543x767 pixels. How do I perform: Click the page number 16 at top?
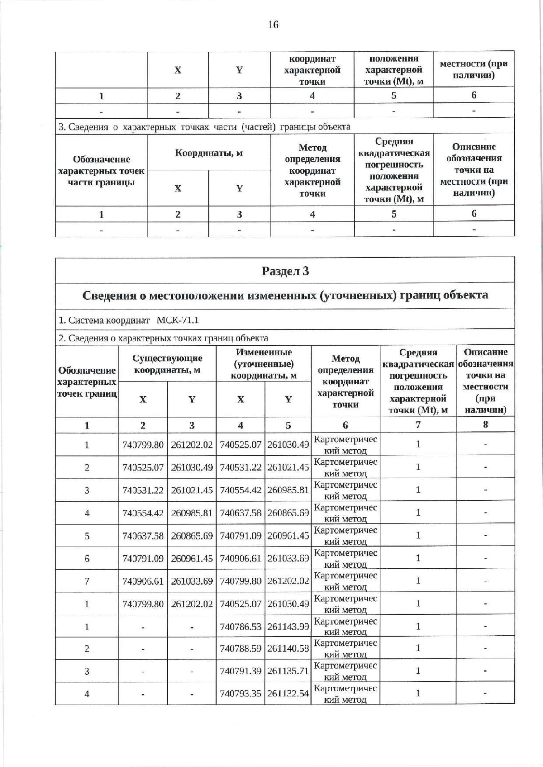tap(273, 25)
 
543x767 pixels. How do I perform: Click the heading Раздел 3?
tap(285, 271)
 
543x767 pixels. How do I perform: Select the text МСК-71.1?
tap(177, 321)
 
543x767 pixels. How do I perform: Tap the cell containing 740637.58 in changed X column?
tap(240, 513)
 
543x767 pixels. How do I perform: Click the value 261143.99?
tap(288, 626)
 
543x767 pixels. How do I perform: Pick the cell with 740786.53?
tap(240, 626)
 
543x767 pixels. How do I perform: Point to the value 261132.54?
tap(288, 693)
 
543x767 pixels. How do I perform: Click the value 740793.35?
tap(240, 693)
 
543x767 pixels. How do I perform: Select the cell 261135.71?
tap(288, 671)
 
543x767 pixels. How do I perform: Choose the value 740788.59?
tap(240, 649)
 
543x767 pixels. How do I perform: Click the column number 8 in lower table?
tap(485, 425)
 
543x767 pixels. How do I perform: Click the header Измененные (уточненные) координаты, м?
tap(263, 364)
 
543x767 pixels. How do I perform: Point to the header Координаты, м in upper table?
tap(209, 153)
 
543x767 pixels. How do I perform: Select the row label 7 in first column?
tap(87, 581)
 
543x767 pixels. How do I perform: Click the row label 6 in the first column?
tap(87, 559)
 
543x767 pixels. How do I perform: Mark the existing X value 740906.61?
tap(143, 581)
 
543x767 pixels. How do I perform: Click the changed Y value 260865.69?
tap(288, 513)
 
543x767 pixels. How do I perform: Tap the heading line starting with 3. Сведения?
tap(204, 127)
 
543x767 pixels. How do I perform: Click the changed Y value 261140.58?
tap(288, 649)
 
